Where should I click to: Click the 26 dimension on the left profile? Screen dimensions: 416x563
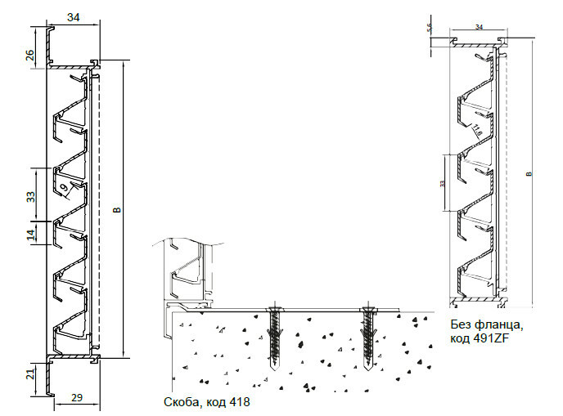(x=29, y=56)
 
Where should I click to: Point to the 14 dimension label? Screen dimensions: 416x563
(x=31, y=235)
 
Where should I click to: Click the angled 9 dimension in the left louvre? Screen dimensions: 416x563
(x=65, y=189)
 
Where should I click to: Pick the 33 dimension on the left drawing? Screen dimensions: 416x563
(x=31, y=197)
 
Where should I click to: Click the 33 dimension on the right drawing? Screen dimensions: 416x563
(x=443, y=182)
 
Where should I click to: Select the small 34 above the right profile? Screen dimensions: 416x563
(x=478, y=28)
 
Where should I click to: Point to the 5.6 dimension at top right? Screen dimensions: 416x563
(x=430, y=29)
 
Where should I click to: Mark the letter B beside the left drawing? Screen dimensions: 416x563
(x=116, y=212)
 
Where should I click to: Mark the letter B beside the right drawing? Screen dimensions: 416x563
(x=529, y=173)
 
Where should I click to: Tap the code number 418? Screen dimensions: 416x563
(x=239, y=401)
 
